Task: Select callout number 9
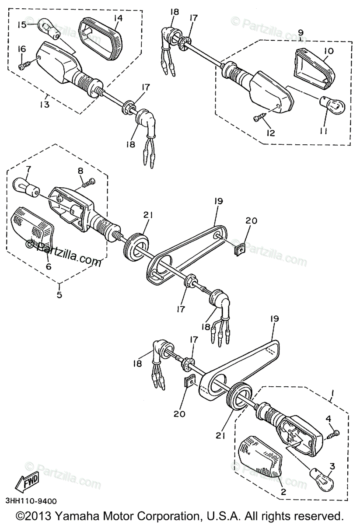pyautogui.click(x=301, y=32)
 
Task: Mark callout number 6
pyautogui.click(x=48, y=266)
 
